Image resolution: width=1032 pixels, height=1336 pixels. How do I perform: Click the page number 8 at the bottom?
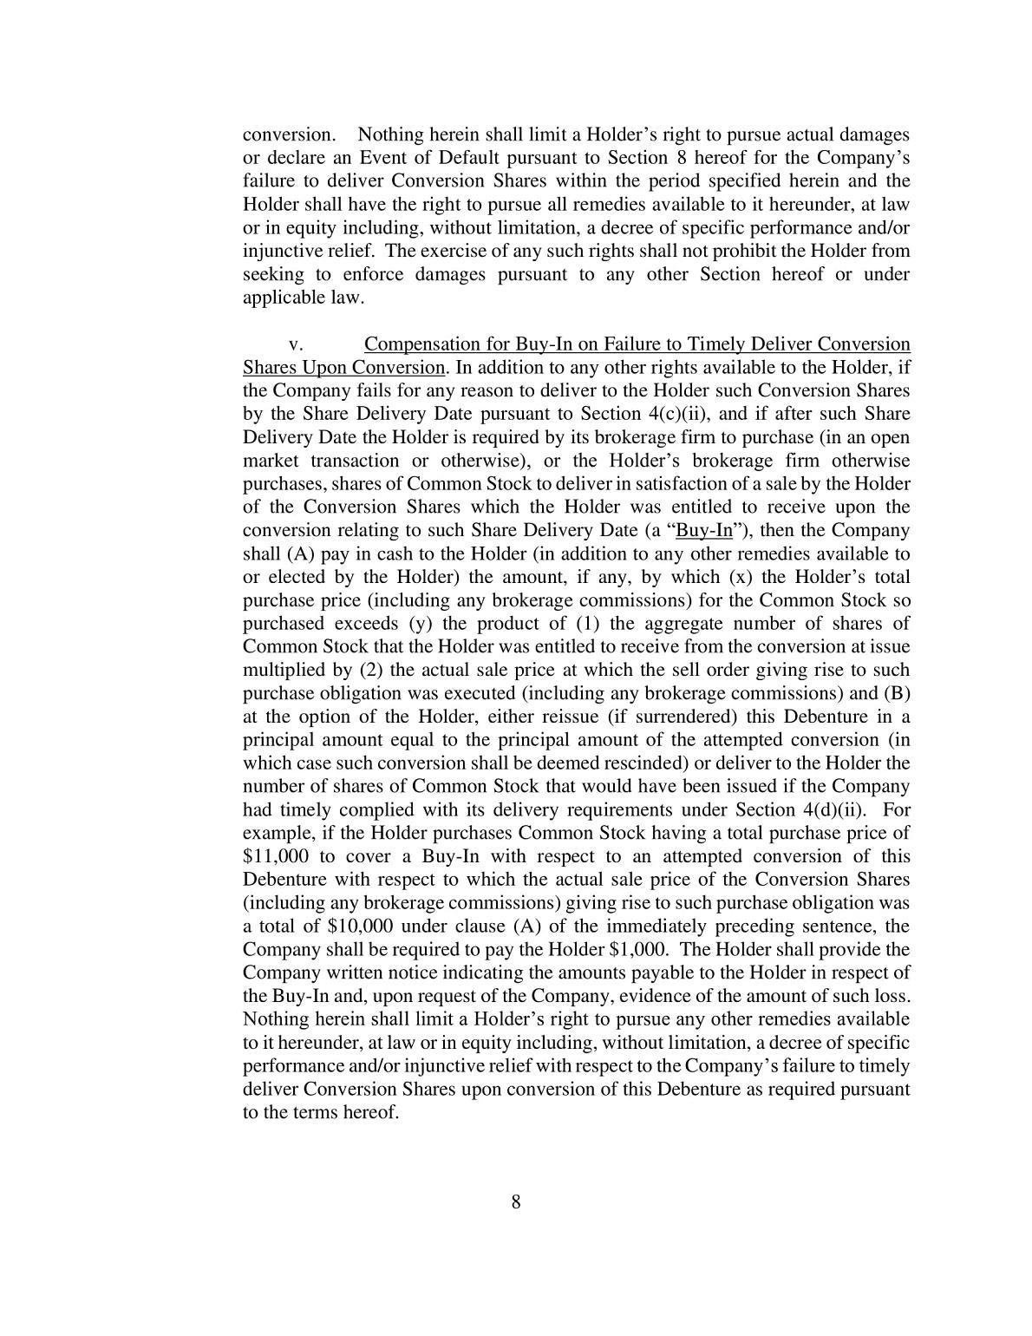pos(515,1202)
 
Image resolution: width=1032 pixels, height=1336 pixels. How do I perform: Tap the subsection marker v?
pos(295,344)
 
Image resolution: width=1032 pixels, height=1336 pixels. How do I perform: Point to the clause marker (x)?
pos(742,577)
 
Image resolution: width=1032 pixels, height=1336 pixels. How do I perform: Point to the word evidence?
pos(667,995)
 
